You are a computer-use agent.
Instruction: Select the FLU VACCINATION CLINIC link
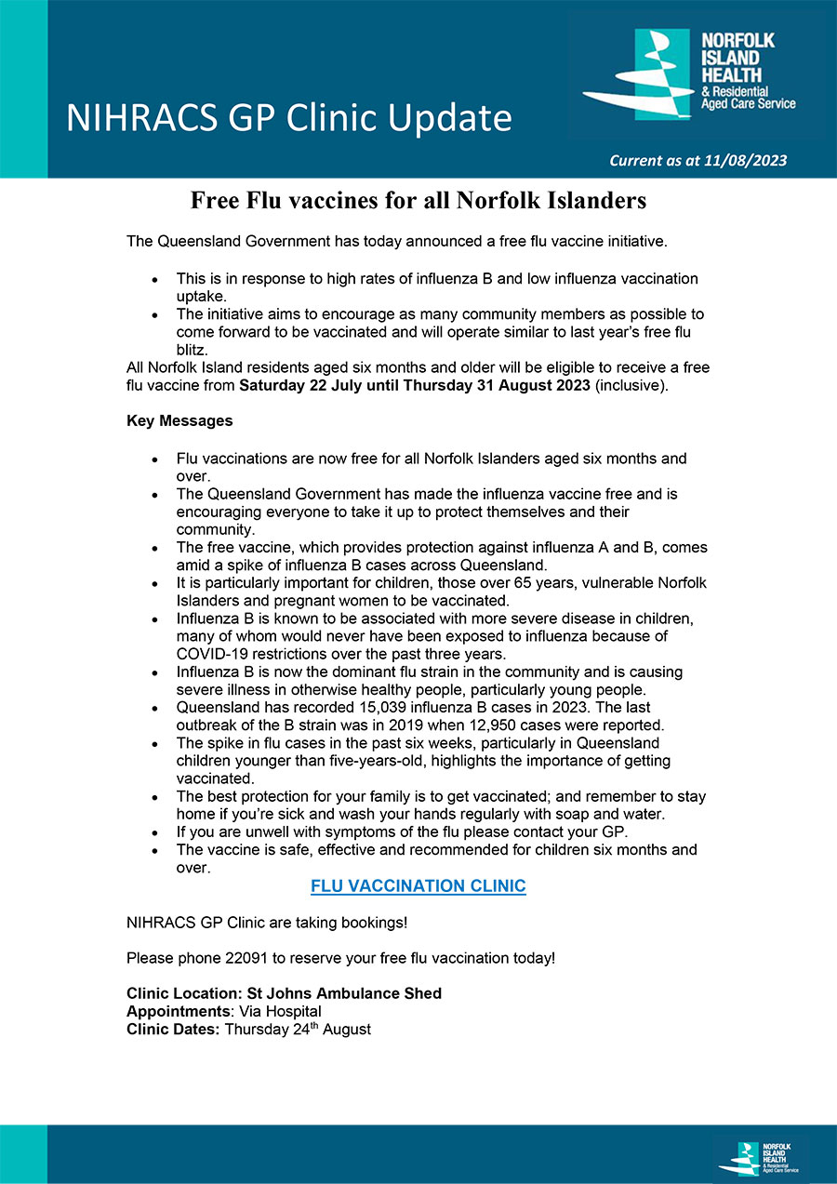pyautogui.click(x=418, y=886)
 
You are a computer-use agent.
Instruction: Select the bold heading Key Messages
pyautogui.click(x=179, y=421)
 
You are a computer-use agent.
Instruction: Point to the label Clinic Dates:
pyautogui.click(x=173, y=1029)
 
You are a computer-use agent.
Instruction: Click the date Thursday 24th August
pyautogui.click(x=298, y=1029)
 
